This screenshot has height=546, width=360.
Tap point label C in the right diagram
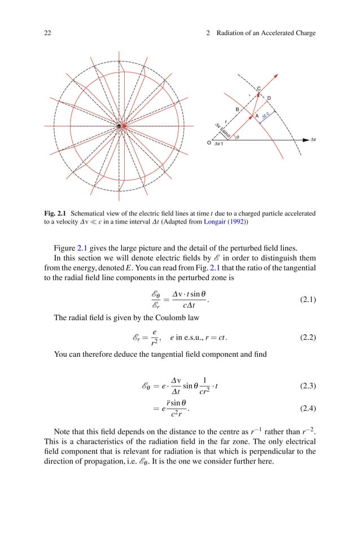pos(258,89)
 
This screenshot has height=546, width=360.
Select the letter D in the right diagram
pos(269,99)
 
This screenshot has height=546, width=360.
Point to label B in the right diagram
pos(238,108)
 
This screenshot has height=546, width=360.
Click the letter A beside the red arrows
pos(257,116)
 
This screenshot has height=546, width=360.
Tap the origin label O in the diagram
pos(209,143)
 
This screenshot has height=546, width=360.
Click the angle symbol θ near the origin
pos(237,136)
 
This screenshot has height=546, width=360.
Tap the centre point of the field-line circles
pos(120,126)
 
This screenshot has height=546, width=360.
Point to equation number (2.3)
pos(307,386)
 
